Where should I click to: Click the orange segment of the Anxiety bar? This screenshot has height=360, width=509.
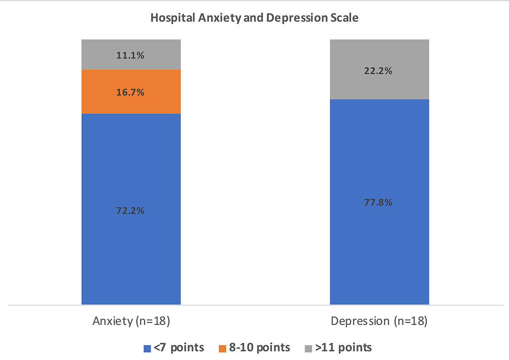point(131,102)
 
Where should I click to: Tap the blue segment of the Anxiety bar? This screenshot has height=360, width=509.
point(131,246)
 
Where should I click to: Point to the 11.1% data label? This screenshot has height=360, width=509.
point(131,55)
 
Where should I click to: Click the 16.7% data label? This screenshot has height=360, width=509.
point(131,92)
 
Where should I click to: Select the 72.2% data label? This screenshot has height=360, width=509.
point(131,210)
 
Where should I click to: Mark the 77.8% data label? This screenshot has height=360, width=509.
point(379,202)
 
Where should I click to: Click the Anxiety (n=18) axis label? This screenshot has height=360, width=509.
point(131,321)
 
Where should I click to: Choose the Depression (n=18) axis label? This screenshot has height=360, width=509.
point(379,321)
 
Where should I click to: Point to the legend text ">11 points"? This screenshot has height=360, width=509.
point(343,348)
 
